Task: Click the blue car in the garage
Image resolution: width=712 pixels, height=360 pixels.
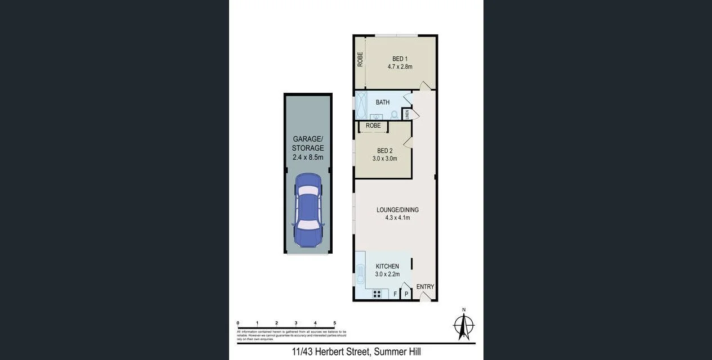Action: (x=308, y=209)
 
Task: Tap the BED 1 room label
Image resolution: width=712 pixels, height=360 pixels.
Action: (x=400, y=58)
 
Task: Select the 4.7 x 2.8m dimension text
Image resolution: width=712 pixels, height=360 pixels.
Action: (x=400, y=67)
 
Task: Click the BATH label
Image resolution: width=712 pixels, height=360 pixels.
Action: (x=383, y=102)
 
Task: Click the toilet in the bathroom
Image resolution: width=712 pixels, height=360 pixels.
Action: (x=394, y=115)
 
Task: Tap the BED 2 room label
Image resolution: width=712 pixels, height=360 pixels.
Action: (x=385, y=151)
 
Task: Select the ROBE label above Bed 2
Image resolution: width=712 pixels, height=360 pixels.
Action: (x=373, y=125)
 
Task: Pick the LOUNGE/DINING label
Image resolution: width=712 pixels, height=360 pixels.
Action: (x=397, y=210)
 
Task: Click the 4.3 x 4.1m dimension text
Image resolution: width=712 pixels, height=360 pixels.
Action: (x=397, y=218)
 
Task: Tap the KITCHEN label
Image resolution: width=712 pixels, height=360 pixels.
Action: (x=387, y=267)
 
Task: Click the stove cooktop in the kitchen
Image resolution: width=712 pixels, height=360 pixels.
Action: (x=377, y=294)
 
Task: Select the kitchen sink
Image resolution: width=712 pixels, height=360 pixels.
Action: (x=360, y=276)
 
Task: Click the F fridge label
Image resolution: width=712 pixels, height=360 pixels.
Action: (x=395, y=294)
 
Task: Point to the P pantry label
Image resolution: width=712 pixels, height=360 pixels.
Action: (x=406, y=294)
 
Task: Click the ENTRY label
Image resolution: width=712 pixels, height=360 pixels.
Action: (x=425, y=287)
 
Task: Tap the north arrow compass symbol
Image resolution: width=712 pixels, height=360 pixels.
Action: (x=464, y=325)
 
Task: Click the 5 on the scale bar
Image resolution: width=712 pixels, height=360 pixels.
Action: (x=335, y=323)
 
